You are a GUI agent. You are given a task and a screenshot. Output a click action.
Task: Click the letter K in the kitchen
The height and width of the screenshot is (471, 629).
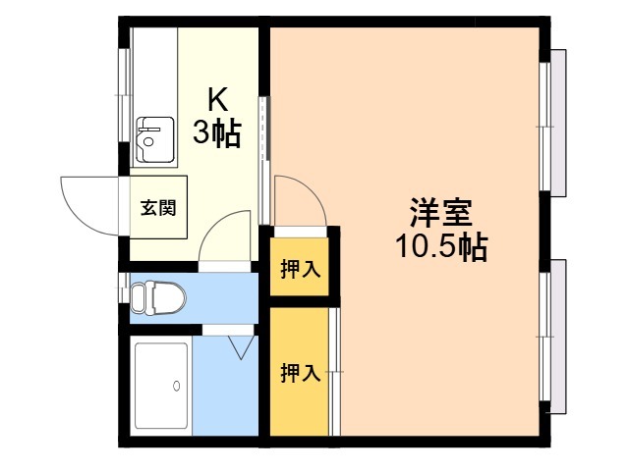tap(217, 100)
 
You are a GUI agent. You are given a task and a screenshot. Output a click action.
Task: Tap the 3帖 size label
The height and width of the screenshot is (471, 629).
tap(217, 133)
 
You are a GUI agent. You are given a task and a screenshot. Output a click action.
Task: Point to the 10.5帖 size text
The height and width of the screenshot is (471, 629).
tap(441, 246)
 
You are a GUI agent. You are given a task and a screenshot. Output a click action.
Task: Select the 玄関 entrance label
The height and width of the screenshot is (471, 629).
tap(158, 208)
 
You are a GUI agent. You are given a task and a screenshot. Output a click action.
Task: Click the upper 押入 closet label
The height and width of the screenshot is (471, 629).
tap(301, 269)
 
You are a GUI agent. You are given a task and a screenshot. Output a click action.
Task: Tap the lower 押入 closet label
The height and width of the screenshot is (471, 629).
tap(301, 373)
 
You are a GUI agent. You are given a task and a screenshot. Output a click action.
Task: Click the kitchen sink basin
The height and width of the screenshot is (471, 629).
tap(155, 139)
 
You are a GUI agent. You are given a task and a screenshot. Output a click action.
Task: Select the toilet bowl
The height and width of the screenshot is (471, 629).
tap(166, 297)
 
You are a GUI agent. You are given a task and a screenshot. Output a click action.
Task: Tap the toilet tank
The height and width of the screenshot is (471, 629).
tap(138, 297)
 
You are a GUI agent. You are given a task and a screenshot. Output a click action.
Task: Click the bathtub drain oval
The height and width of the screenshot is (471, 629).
tap(176, 386)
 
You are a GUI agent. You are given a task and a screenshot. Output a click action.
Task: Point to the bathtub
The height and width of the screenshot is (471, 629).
tap(161, 386)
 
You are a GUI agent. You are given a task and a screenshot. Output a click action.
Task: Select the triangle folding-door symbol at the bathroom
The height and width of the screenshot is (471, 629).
tap(241, 347)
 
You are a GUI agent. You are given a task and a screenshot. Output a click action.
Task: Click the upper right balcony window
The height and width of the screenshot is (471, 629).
tap(552, 124)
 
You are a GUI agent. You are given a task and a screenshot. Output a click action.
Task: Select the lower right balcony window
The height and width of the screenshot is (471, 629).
tap(552, 337)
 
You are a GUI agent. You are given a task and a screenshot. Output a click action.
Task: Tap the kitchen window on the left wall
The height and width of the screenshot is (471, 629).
tap(125, 95)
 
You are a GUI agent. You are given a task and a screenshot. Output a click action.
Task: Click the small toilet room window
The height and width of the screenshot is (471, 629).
tap(124, 288)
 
